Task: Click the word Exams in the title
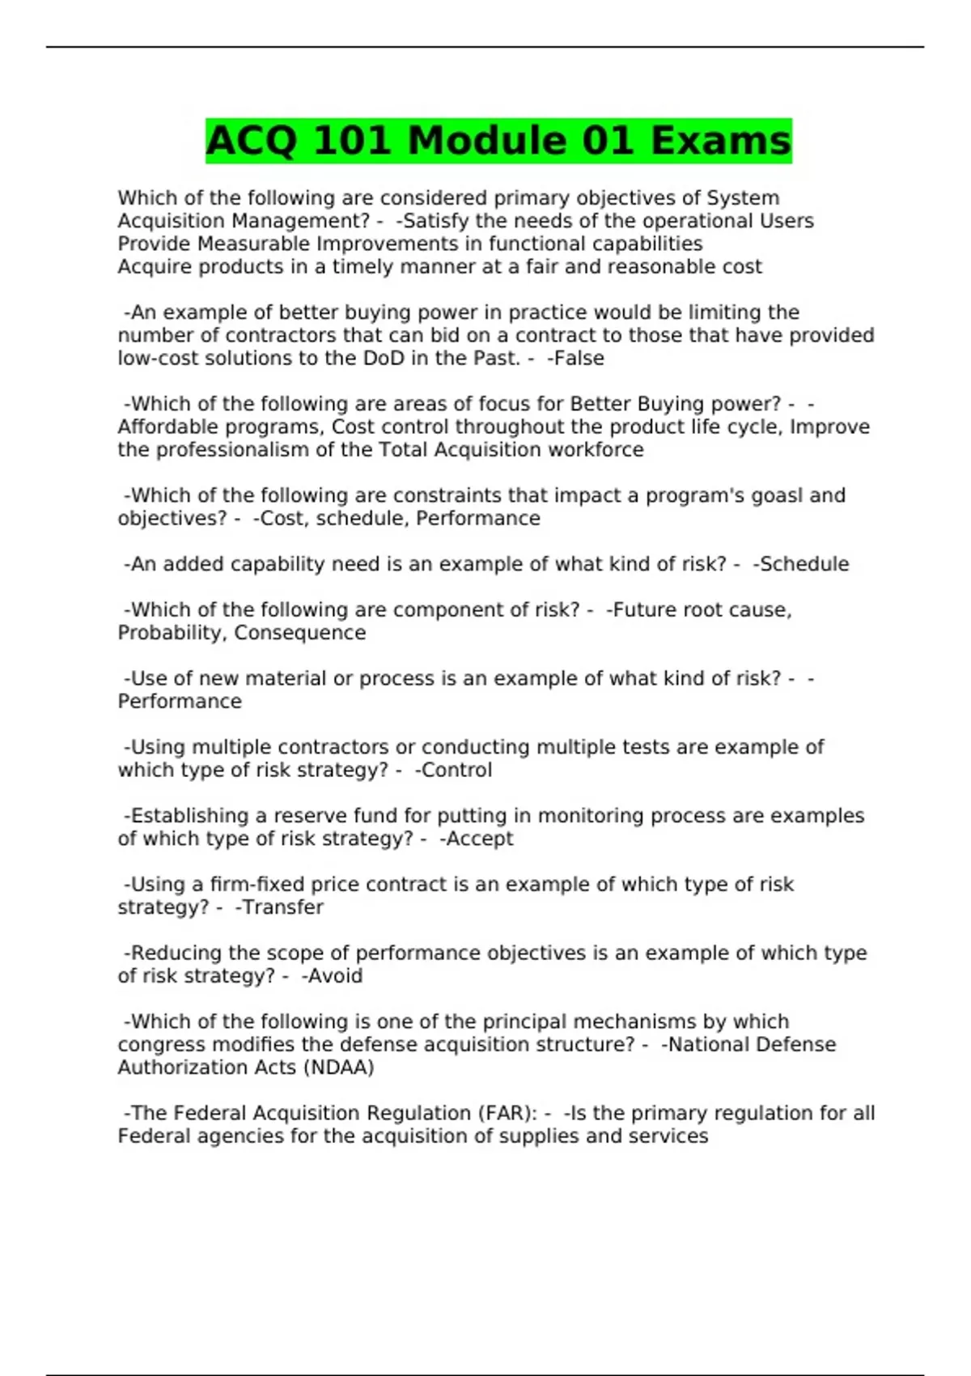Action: pos(720,141)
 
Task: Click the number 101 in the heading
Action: pos(354,141)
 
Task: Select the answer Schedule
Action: pos(804,564)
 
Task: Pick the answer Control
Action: pos(456,770)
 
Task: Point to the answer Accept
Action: pos(479,839)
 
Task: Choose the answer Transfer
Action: pos(282,907)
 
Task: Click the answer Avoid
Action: pos(334,976)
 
